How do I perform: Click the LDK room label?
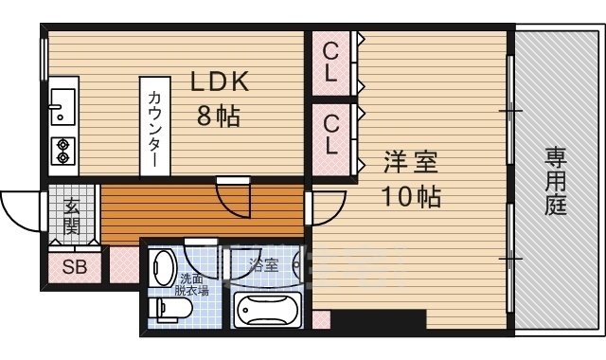[220, 82]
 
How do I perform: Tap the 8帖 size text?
[219, 117]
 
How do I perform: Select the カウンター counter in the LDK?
[154, 126]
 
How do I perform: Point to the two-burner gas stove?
[63, 147]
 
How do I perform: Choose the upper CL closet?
[330, 62]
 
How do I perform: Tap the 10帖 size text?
[411, 197]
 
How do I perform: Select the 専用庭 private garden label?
[555, 179]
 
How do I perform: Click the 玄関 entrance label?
[72, 216]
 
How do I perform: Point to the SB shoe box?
[75, 267]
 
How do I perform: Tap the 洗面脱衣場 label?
[195, 285]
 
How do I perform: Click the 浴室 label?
[263, 264]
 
